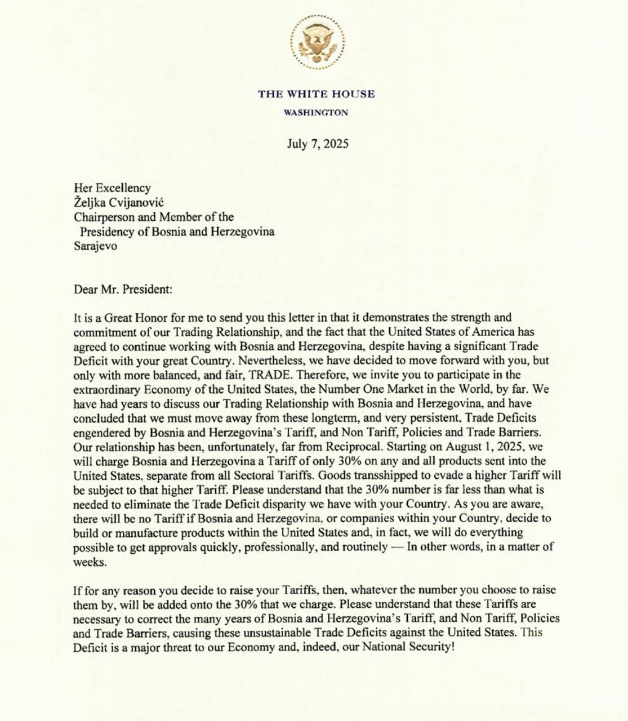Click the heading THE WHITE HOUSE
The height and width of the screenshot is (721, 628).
coord(317,94)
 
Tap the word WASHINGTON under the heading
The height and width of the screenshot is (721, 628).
coord(316,113)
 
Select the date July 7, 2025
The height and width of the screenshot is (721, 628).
coord(318,144)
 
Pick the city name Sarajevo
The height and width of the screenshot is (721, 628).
coord(96,246)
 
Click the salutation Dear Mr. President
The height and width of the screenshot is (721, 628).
coord(123,290)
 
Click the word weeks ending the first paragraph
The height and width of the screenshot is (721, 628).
coord(89,562)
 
